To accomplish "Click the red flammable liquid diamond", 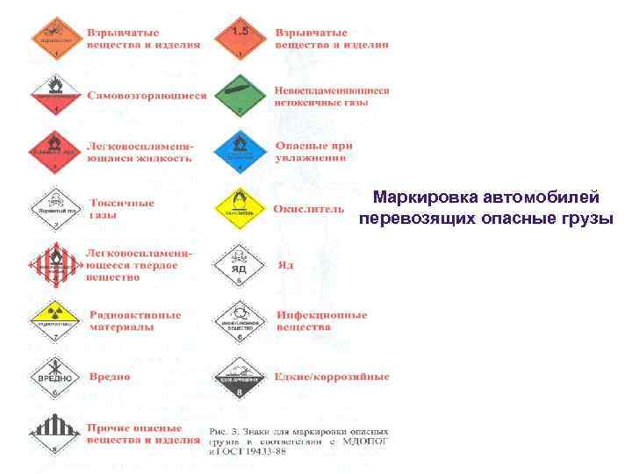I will tap(54, 151).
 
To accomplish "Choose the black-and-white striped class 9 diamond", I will tap(54, 434).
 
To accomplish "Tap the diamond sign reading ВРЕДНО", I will tap(54, 376).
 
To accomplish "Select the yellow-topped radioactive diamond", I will tap(54, 319).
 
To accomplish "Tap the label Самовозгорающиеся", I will tap(147, 96).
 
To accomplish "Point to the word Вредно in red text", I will tap(110, 377).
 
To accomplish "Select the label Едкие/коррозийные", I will tap(332, 377).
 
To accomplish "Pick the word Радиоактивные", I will tap(136, 314).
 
